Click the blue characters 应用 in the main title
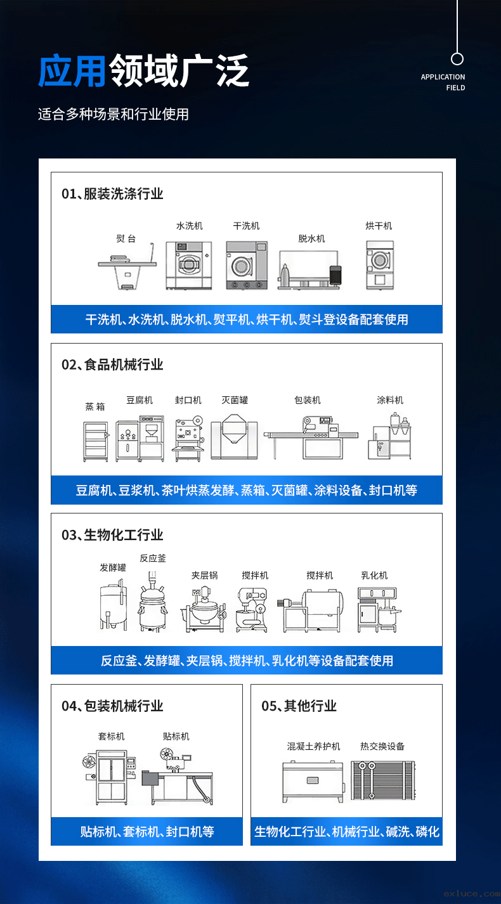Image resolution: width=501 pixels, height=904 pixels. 72,71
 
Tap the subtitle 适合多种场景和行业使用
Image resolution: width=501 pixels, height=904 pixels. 114,114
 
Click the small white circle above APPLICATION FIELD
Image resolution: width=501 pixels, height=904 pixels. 457,59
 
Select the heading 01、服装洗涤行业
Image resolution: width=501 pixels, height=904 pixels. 112,194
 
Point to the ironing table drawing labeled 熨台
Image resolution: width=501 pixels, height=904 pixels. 127,266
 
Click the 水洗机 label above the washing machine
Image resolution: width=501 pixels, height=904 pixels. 190,226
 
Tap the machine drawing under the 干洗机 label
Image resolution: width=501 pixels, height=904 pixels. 247,265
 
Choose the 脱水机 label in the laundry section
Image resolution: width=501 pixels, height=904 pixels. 311,238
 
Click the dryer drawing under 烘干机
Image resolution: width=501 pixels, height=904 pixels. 379,265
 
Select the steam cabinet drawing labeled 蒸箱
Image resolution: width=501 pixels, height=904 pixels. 96,441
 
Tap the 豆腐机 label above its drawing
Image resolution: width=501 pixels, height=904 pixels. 140,400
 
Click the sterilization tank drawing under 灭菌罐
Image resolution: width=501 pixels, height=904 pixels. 234,437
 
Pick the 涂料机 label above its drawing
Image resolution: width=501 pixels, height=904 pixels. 390,400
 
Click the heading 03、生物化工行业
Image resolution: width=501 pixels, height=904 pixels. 112,535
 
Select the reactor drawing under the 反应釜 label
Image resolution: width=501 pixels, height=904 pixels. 153,602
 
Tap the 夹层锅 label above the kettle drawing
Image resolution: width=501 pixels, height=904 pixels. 204,576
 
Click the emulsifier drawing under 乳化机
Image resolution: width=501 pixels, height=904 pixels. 379,610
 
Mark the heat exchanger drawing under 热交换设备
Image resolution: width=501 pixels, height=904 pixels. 382,780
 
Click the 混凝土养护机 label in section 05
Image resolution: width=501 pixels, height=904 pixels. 314,746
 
